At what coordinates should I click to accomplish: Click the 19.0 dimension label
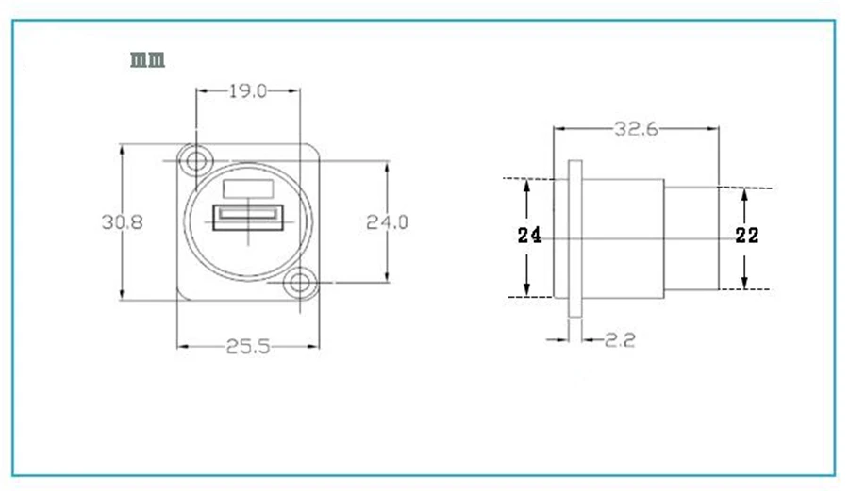pos(247,90)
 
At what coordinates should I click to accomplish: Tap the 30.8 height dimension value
pos(123,221)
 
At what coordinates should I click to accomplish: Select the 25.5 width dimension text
pos(247,347)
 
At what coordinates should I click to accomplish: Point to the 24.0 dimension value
pos(387,221)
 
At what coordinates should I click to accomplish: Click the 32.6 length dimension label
pos(636,129)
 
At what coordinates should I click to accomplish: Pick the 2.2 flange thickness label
pos(620,339)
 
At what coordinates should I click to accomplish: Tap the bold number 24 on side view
pos(529,236)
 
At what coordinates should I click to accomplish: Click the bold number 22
pos(747,236)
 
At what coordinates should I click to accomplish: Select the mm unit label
pos(147,59)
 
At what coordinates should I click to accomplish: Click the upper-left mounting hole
pos(195,161)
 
